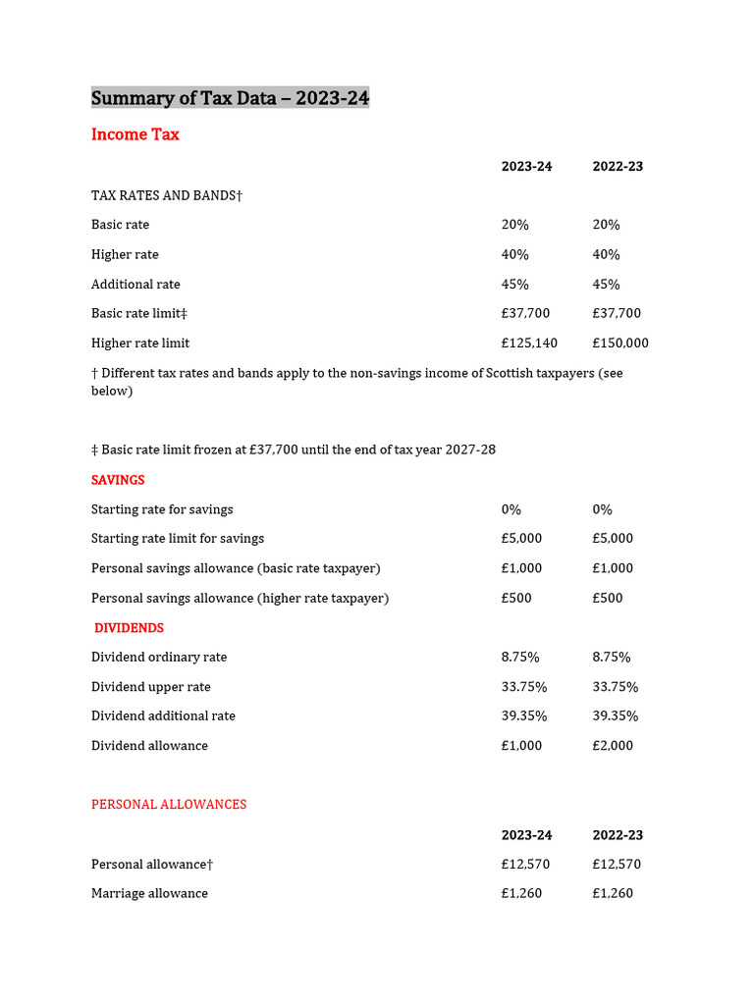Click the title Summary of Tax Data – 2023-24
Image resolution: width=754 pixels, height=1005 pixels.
[x=230, y=97]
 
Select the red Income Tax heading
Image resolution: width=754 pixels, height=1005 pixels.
[x=135, y=134]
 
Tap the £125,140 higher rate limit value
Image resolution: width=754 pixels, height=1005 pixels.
[x=529, y=344]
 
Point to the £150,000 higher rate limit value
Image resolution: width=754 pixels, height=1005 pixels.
[x=620, y=344]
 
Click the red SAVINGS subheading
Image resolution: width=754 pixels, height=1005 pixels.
[x=118, y=480]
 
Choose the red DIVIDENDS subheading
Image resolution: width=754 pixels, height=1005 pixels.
[x=129, y=628]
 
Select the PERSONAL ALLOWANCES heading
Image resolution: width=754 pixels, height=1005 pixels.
[x=169, y=805]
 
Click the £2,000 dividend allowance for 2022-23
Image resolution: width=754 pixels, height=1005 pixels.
[x=613, y=746]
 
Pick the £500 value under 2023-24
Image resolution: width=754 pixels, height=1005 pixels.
[x=516, y=599]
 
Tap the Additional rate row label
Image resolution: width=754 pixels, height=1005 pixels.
[x=135, y=285]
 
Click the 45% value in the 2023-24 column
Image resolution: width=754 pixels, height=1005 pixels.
[x=515, y=285]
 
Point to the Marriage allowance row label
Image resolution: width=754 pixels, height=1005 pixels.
[x=149, y=894]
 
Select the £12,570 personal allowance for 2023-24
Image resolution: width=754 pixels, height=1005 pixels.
[x=525, y=865]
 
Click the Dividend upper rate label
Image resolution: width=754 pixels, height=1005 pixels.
[x=150, y=687]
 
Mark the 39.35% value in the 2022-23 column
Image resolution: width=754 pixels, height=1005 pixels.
[x=616, y=716]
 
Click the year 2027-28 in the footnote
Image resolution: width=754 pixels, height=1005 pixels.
[x=470, y=450]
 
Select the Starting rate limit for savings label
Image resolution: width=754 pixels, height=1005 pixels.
[x=178, y=539]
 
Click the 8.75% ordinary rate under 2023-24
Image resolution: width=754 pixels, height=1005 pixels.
[x=520, y=658]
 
